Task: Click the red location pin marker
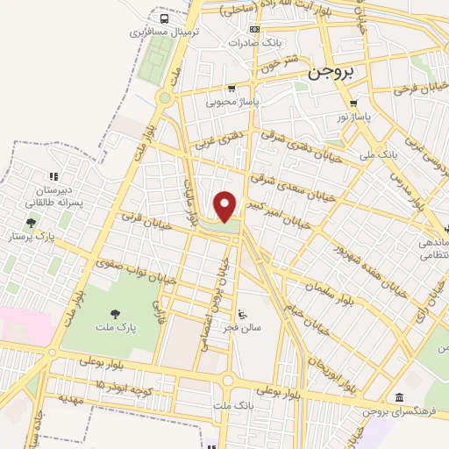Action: (x=225, y=205)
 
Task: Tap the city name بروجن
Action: (x=330, y=75)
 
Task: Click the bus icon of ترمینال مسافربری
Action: (x=164, y=18)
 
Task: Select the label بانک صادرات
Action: (x=253, y=41)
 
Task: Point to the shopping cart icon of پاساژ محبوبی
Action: (x=232, y=89)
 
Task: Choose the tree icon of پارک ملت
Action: (x=115, y=313)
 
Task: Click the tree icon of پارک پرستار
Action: (x=32, y=224)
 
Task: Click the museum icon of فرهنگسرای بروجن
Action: (x=400, y=397)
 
